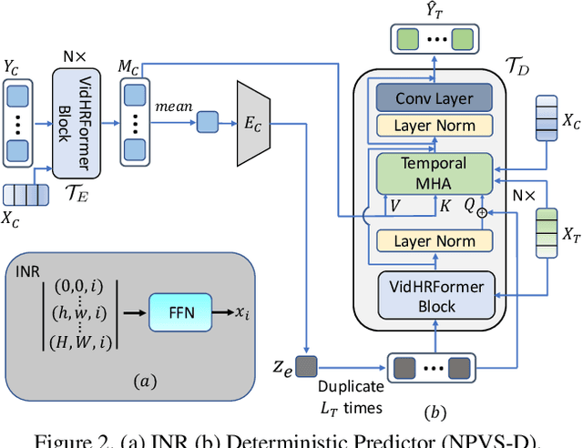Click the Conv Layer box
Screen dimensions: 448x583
pos(430,97)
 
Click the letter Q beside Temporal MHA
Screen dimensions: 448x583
pos(469,207)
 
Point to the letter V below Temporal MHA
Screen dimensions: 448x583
pos(395,207)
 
